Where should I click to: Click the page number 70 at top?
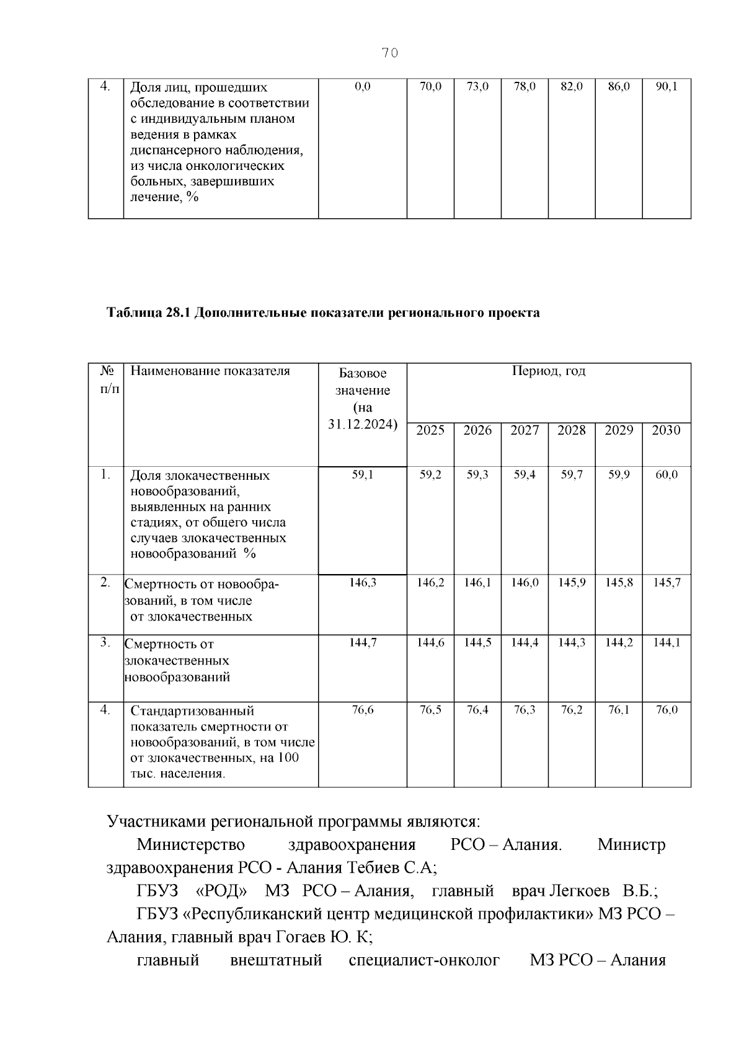pyautogui.click(x=389, y=53)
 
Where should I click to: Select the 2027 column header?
pyautogui.click(x=525, y=430)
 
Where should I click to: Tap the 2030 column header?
pyautogui.click(x=666, y=430)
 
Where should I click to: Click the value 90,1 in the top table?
pyautogui.click(x=666, y=87)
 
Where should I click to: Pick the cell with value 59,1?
pyautogui.click(x=363, y=475)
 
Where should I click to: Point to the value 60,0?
pyautogui.click(x=666, y=475)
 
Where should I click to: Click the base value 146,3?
pyautogui.click(x=363, y=583)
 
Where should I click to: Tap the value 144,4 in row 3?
pyautogui.click(x=525, y=643)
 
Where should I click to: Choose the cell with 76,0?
pyautogui.click(x=666, y=710)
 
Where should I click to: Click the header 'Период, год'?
pyautogui.click(x=549, y=371)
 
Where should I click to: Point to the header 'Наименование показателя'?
pyautogui.click(x=210, y=371)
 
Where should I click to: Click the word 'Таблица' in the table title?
pyautogui.click(x=133, y=313)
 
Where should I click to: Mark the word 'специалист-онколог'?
pyautogui.click(x=424, y=961)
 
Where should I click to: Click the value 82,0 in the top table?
pyautogui.click(x=572, y=87)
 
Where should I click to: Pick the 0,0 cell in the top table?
pyautogui.click(x=363, y=87)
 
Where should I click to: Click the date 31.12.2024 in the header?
pyautogui.click(x=361, y=425)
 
